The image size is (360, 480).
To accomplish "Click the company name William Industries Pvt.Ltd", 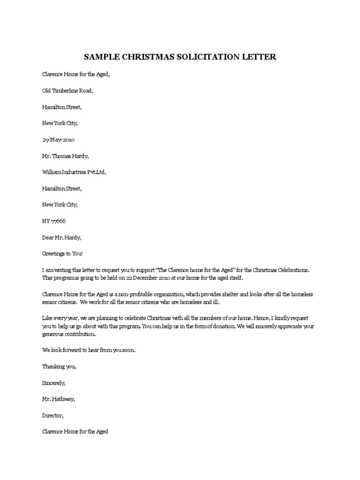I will (74, 172).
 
